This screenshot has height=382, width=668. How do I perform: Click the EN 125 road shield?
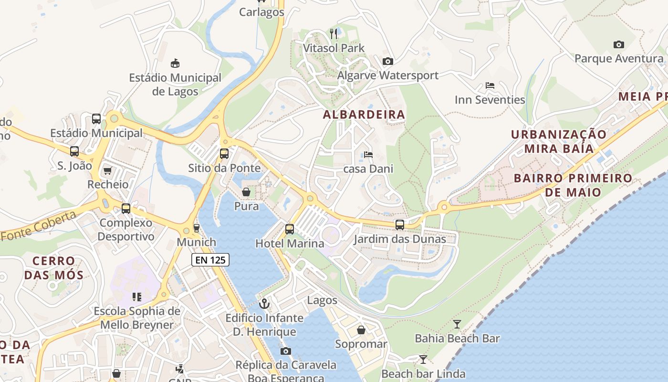210,260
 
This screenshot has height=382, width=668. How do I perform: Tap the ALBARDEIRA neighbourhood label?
364,115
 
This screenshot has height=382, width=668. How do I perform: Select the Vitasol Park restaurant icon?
334,33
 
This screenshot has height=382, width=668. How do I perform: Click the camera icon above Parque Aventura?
619,44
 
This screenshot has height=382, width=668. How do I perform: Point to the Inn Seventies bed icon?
490,86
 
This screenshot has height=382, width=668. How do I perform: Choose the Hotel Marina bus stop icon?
290,229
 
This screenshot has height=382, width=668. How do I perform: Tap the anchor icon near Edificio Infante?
264,303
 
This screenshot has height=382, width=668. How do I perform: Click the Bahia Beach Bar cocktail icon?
457,324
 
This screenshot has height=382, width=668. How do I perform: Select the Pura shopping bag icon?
246,192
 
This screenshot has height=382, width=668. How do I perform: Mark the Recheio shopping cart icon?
107,170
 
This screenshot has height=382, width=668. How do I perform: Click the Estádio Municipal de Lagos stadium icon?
175,63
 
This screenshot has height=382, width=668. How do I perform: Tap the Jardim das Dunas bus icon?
400,224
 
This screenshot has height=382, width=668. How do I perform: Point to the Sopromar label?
361,344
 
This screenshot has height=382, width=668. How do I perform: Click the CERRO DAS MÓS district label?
54,268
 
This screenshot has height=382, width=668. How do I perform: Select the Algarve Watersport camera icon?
388,61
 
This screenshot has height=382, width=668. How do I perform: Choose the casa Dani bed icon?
368,155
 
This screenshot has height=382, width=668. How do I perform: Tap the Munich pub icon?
196,228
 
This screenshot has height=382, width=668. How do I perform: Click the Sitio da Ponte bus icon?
224,154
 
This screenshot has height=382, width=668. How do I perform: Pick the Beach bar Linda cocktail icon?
423,359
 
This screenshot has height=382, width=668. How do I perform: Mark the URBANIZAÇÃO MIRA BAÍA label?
559,141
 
